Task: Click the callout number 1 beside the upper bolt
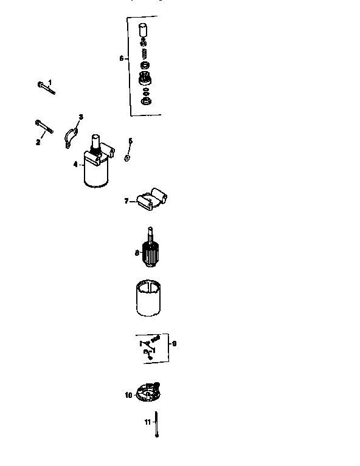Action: click(50, 82)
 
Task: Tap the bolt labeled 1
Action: click(45, 88)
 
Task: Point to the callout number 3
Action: click(81, 116)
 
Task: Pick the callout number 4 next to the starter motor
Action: click(75, 165)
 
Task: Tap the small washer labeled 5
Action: click(127, 158)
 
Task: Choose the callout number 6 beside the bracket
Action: click(122, 59)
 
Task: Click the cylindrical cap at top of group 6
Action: click(144, 30)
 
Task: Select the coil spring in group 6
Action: click(144, 55)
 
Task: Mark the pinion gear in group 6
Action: click(145, 78)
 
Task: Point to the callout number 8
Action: click(137, 252)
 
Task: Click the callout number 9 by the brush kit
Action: click(175, 343)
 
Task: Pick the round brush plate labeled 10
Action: click(146, 392)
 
